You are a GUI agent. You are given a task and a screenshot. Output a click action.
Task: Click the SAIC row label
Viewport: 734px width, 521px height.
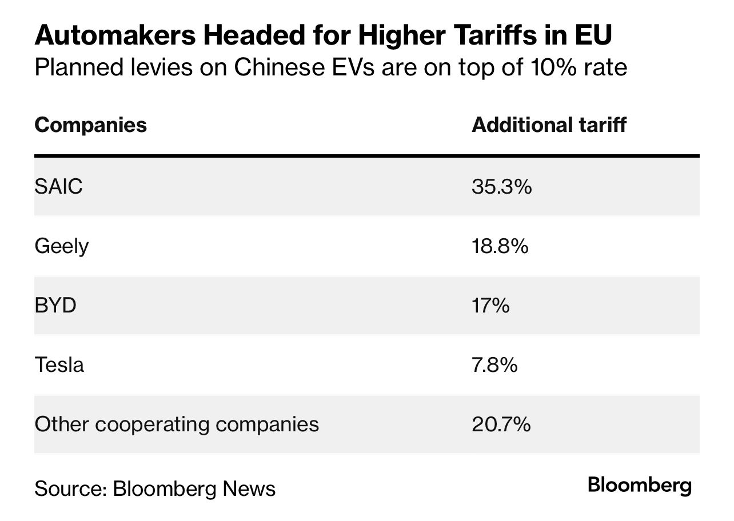pos(58,187)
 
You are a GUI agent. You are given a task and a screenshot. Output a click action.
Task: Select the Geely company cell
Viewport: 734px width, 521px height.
pos(62,247)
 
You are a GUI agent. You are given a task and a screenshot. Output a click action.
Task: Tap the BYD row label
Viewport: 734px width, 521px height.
pos(55,306)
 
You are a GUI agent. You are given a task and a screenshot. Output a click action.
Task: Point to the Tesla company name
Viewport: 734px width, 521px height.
pos(59,364)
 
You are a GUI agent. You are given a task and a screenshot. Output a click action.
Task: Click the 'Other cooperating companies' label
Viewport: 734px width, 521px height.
pos(177,424)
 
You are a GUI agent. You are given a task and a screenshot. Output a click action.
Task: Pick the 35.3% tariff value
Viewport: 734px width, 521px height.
pos(501,187)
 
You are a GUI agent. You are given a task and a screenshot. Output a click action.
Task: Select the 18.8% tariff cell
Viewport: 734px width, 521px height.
pos(500,246)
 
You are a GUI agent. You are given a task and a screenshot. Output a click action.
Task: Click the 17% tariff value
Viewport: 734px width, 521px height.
pos(490,306)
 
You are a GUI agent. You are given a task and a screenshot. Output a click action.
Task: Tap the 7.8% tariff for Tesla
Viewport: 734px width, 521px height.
pos(494,364)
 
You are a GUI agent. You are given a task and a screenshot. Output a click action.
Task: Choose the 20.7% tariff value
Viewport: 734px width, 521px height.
pos(501,424)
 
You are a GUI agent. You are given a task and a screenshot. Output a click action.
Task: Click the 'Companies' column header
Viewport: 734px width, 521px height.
pos(90,125)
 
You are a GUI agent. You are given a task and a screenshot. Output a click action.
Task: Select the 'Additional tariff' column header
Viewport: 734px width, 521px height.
pos(549,125)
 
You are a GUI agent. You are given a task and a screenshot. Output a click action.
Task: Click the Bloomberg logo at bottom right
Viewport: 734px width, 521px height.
pos(640,485)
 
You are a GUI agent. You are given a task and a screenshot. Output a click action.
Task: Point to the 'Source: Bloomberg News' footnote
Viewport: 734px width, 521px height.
pos(155,488)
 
